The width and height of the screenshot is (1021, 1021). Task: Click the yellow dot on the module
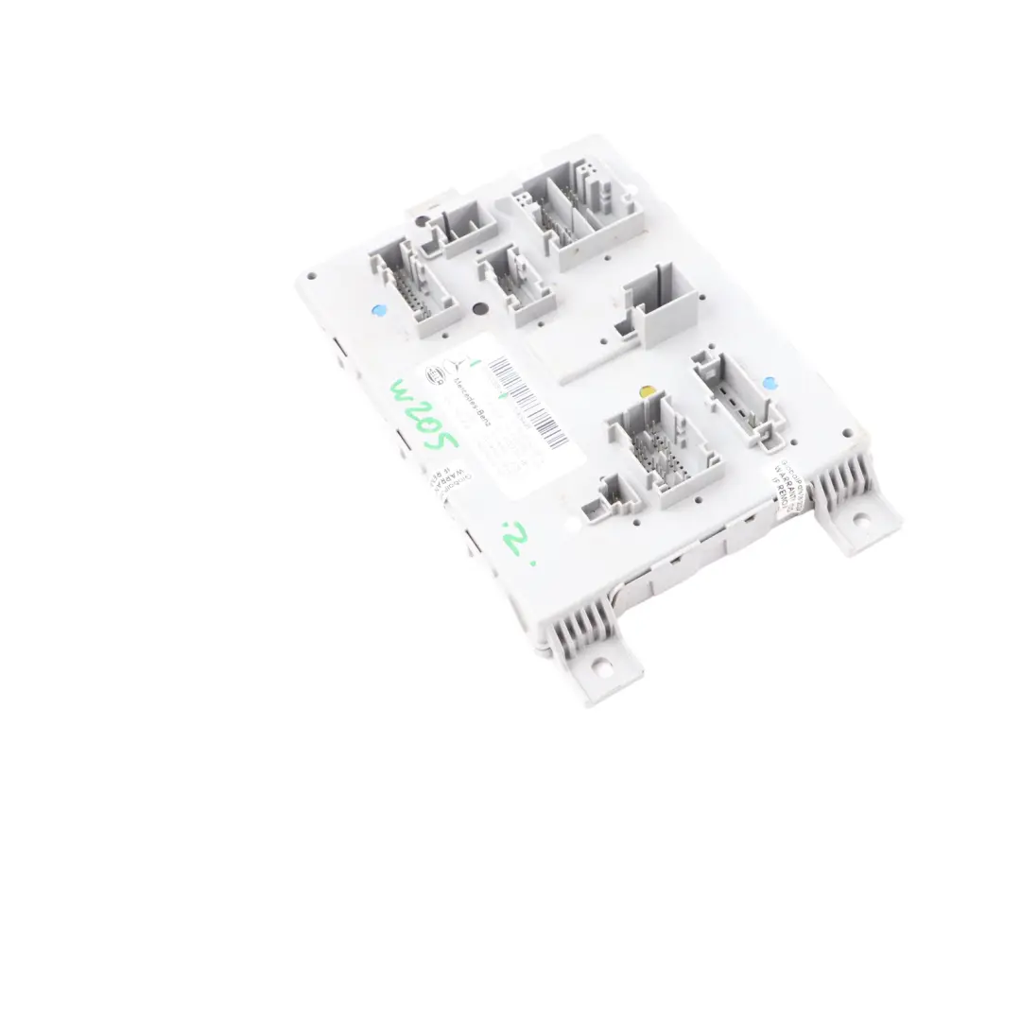click(x=646, y=391)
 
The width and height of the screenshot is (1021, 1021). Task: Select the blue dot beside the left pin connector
click(x=379, y=309)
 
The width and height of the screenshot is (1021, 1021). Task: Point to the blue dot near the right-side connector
click(x=769, y=383)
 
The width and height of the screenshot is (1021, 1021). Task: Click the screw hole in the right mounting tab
click(x=860, y=518)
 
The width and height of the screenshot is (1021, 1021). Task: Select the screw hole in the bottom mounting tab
click(x=598, y=667)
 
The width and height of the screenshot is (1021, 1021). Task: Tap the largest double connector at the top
click(x=577, y=213)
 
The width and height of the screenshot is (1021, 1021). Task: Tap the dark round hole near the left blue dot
click(x=480, y=308)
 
